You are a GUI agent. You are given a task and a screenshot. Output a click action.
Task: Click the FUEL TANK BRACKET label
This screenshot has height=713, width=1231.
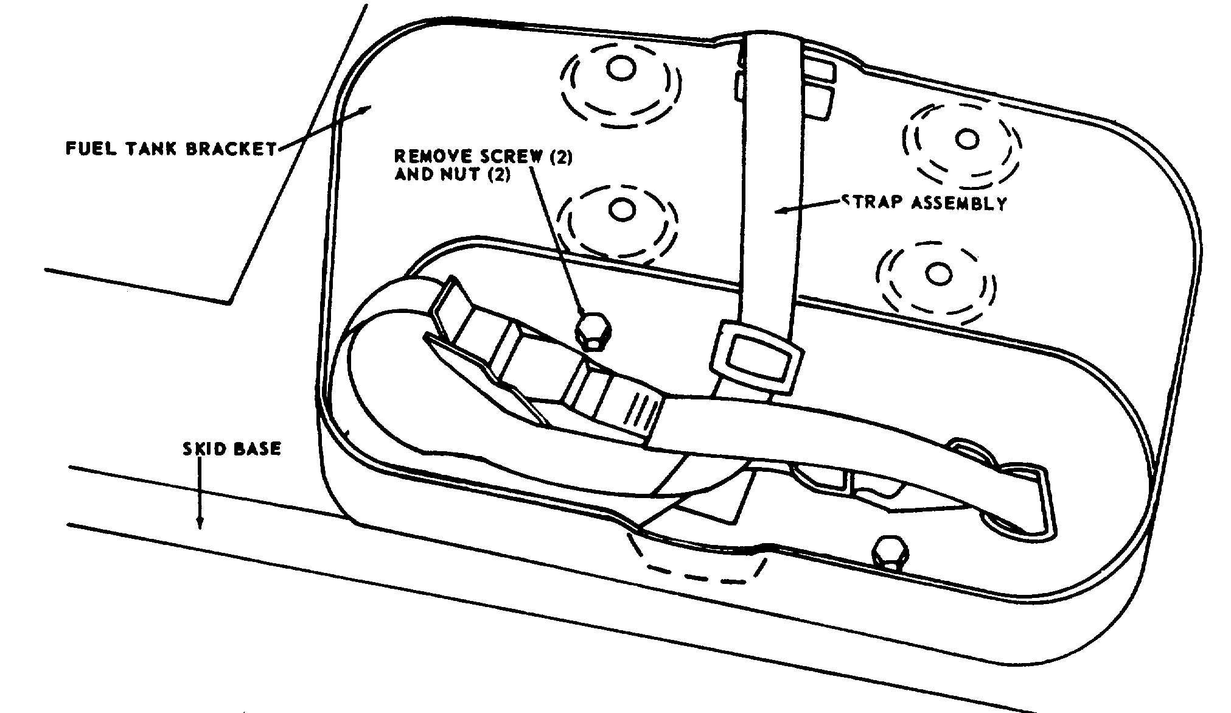[x=171, y=149]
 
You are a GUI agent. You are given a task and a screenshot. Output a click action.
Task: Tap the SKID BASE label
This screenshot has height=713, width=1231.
[x=232, y=449]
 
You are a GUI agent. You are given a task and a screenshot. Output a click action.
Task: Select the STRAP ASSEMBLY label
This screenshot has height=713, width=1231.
[x=923, y=203]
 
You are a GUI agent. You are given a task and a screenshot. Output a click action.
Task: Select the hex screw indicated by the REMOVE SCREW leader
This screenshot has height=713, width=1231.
[x=593, y=331]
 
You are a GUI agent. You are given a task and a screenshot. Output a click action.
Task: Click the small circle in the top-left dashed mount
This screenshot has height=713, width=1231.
[x=621, y=68]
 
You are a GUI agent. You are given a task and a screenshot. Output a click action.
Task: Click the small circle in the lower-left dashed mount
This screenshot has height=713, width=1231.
[x=621, y=210]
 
